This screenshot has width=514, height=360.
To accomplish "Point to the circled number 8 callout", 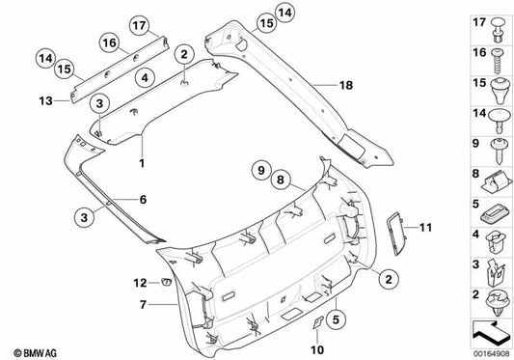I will [282, 180].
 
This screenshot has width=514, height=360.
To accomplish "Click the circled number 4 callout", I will [142, 78].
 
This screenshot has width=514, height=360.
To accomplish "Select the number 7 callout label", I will [143, 305].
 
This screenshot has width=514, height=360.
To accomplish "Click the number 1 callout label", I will [142, 163].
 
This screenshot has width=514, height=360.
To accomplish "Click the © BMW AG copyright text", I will [33, 349].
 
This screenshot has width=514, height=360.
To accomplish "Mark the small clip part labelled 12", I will [165, 283].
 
